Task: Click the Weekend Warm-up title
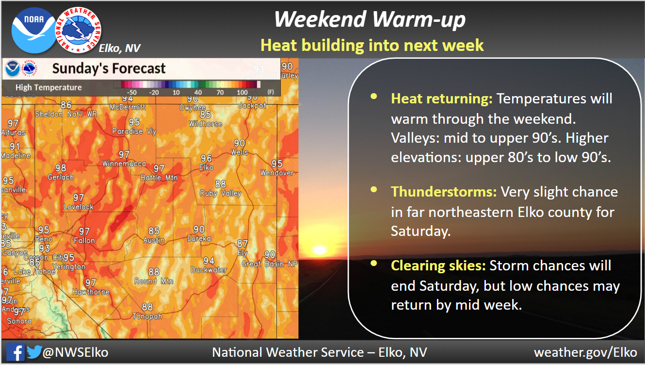pyautogui.click(x=370, y=20)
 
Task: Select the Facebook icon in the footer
pyautogui.click(x=16, y=352)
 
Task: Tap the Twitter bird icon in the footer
pyautogui.click(x=34, y=352)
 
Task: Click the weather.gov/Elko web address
pyautogui.click(x=586, y=352)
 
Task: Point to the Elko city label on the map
pyautogui.click(x=206, y=167)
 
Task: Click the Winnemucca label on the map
pyautogui.click(x=124, y=164)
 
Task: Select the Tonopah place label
pyautogui.click(x=147, y=316)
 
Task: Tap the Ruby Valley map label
pyautogui.click(x=221, y=193)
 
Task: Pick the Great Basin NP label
pyautogui.click(x=270, y=264)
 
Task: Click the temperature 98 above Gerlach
pyautogui.click(x=61, y=168)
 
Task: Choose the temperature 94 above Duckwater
pyautogui.click(x=209, y=261)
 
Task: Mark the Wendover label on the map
pyautogui.click(x=277, y=173)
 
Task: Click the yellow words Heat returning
pyautogui.click(x=442, y=99)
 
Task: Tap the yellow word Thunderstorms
pyautogui.click(x=444, y=192)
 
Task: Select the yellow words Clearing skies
pyautogui.click(x=438, y=265)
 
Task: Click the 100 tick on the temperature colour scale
pyautogui.click(x=242, y=92)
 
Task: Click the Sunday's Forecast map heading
pyautogui.click(x=109, y=68)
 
